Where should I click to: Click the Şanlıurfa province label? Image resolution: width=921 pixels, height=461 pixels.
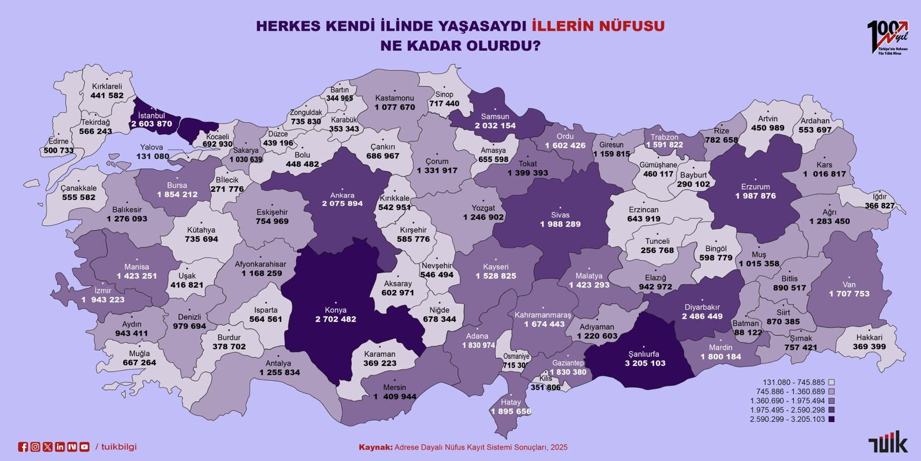click(x=644, y=354)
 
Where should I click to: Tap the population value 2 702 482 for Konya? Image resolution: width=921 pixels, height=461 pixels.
click(x=336, y=319)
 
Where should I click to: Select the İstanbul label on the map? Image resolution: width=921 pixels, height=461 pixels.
click(x=151, y=115)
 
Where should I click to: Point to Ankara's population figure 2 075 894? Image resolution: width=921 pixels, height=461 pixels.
click(x=342, y=204)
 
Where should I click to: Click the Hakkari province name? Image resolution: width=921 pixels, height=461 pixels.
click(x=869, y=337)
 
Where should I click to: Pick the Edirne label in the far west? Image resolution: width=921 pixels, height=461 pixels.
click(x=58, y=141)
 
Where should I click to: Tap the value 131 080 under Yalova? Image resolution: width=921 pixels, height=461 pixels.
click(x=153, y=157)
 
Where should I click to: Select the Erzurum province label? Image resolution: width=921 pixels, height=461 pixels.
click(x=755, y=187)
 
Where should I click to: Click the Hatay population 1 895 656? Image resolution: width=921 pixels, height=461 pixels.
click(x=511, y=411)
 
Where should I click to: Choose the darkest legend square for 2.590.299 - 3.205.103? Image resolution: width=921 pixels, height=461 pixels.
click(x=831, y=419)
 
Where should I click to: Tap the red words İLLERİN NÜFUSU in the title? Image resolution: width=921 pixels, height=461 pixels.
click(x=598, y=26)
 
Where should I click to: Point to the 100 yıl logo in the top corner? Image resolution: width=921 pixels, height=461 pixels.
click(x=887, y=37)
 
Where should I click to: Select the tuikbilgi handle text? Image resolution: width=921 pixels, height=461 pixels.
click(x=119, y=447)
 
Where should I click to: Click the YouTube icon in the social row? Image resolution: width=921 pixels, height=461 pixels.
click(x=85, y=447)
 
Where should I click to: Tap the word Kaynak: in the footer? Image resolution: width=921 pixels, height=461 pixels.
click(x=375, y=447)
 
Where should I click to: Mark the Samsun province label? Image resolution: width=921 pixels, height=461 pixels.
click(x=495, y=116)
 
